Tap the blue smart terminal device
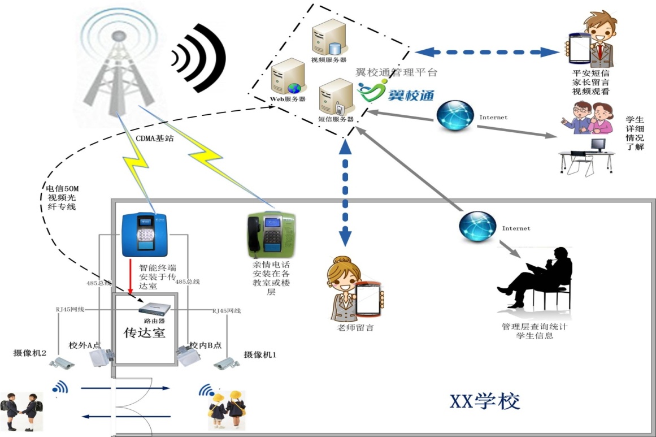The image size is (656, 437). [146, 234]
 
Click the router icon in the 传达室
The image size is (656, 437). [156, 308]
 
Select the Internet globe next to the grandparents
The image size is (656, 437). [455, 116]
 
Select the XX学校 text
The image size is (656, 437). [484, 401]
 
